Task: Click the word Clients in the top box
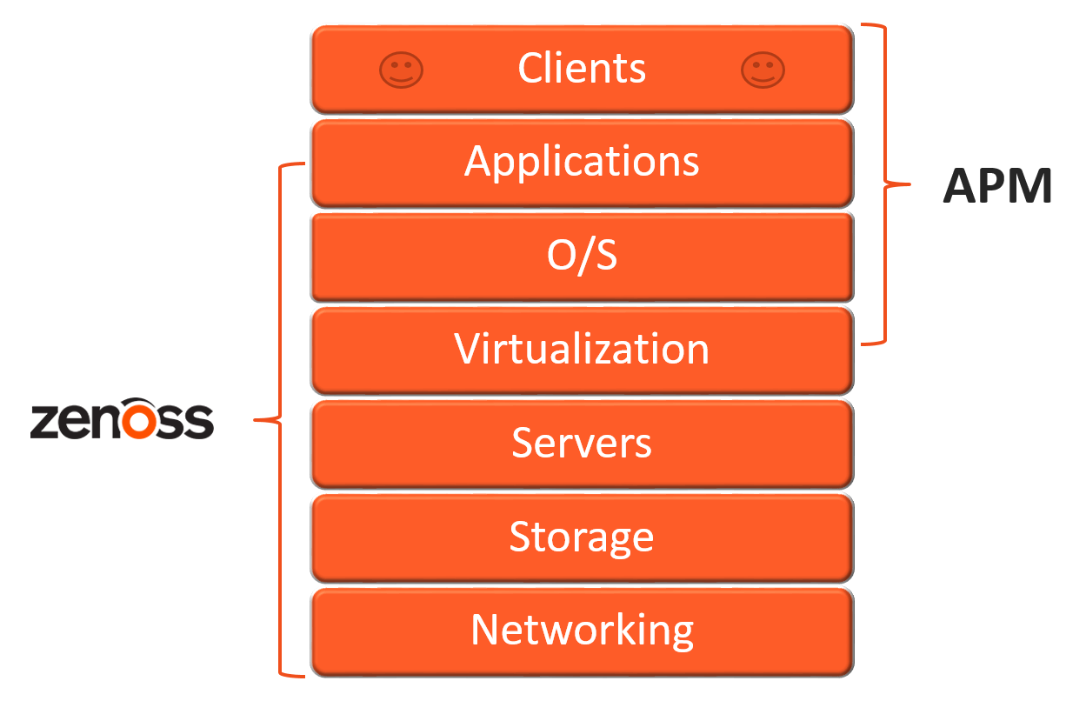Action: pyautogui.click(x=582, y=68)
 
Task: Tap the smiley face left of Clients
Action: pyautogui.click(x=401, y=70)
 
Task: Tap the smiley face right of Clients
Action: pyautogui.click(x=763, y=70)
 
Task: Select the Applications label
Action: pyautogui.click(x=582, y=161)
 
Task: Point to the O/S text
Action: pyautogui.click(x=582, y=256)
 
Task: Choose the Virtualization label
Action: pyautogui.click(x=582, y=349)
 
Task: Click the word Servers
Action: pyautogui.click(x=582, y=443)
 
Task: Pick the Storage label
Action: pyautogui.click(x=582, y=537)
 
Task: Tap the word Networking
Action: pyautogui.click(x=582, y=630)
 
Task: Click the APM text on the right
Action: pyautogui.click(x=997, y=185)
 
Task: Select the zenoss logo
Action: pyautogui.click(x=122, y=420)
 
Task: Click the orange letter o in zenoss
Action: pyautogui.click(x=140, y=421)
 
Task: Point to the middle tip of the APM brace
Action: pyautogui.click(x=907, y=184)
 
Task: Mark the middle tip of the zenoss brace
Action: pyautogui.click(x=257, y=421)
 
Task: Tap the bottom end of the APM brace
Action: pyautogui.click(x=864, y=344)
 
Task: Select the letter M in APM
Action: pyautogui.click(x=1030, y=185)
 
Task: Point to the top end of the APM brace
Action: pyautogui.click(x=864, y=26)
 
